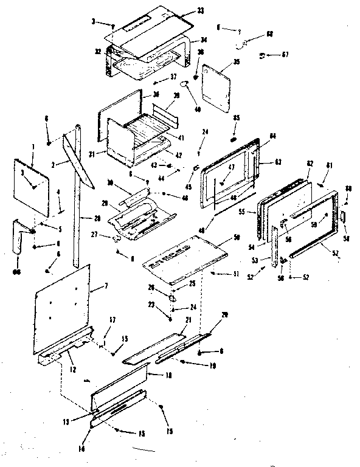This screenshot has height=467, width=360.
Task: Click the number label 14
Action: tap(90, 432)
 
